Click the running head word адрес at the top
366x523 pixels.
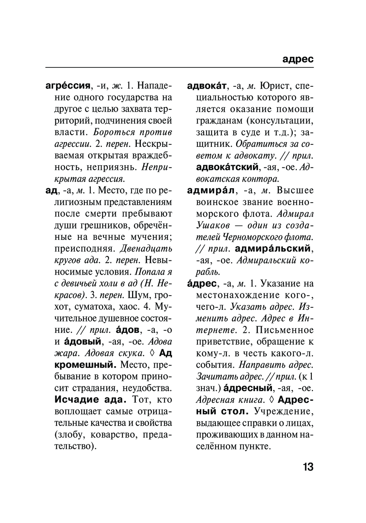point(298,59)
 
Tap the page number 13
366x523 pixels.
point(308,467)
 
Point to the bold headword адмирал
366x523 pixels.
point(210,190)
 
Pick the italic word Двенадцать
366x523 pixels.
point(146,249)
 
